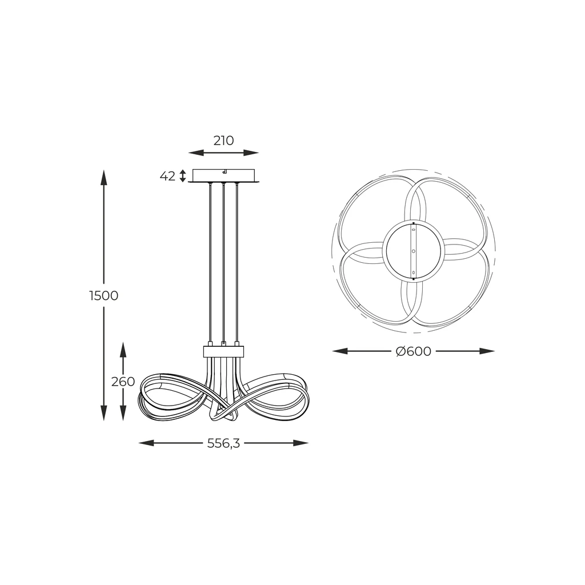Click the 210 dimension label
coord(223,141)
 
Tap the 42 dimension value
coord(167,176)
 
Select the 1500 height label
coord(104,295)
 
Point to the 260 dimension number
coord(123,381)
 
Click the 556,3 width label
coord(223,443)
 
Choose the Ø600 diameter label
coord(414,351)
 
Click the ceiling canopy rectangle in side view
coord(223,175)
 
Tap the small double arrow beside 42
coord(182,176)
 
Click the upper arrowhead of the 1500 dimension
coord(104,177)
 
